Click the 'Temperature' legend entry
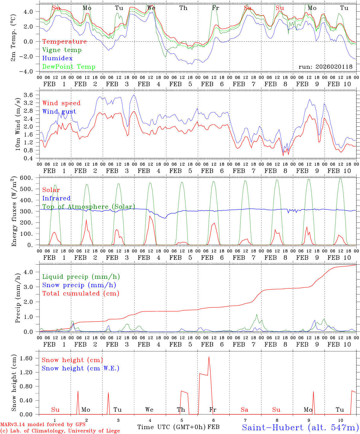click(x=65, y=42)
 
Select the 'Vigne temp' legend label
click(x=62, y=50)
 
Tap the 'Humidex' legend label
click(x=57, y=58)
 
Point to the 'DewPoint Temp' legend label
click(x=69, y=67)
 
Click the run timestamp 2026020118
click(x=325, y=67)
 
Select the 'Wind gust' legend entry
click(x=59, y=112)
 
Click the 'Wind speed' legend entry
click(x=62, y=103)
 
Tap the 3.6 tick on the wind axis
click(x=31, y=95)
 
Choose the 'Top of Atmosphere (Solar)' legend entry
click(x=89, y=207)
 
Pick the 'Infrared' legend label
click(x=56, y=198)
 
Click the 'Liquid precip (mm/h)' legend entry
click(x=81, y=277)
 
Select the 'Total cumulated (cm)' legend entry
click(x=81, y=294)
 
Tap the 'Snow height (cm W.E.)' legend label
click(x=81, y=368)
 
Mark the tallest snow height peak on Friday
click(x=209, y=357)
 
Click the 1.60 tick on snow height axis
click(x=27, y=358)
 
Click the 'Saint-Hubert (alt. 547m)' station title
click(x=300, y=427)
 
